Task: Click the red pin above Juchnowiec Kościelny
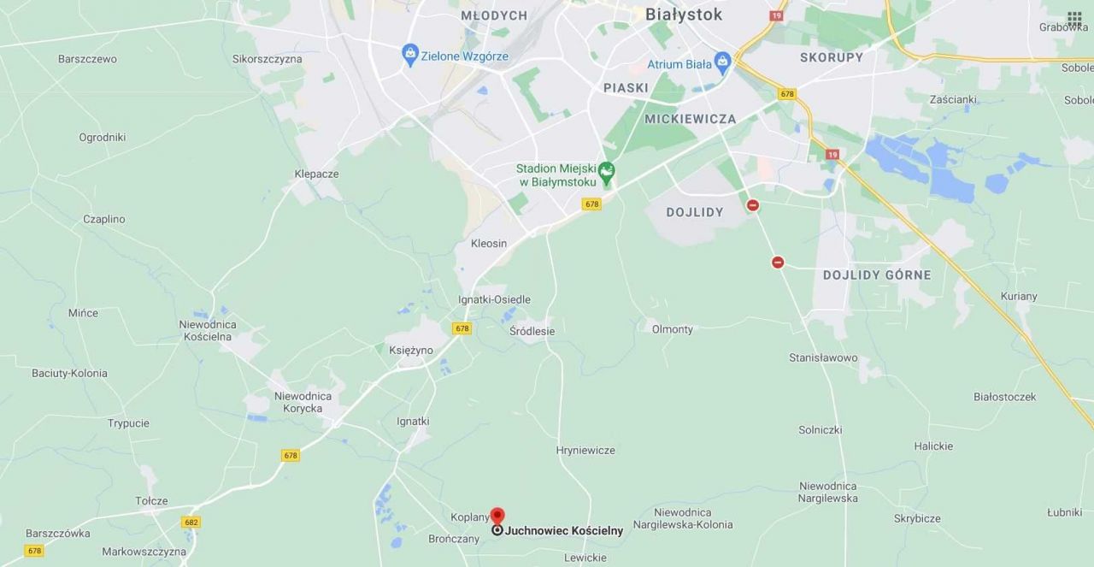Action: click(x=497, y=516)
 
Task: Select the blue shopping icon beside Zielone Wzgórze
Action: click(x=410, y=55)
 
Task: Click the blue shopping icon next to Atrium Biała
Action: click(x=723, y=62)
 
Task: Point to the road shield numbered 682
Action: click(x=191, y=522)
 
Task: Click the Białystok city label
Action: click(x=684, y=15)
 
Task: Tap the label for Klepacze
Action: click(x=316, y=174)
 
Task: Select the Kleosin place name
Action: click(x=489, y=244)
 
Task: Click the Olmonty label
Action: click(x=673, y=329)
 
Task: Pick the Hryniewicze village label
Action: click(x=585, y=451)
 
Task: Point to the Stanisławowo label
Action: click(x=823, y=358)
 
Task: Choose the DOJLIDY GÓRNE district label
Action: click(x=877, y=275)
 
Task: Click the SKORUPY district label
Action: click(x=832, y=57)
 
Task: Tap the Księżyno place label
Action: click(x=411, y=351)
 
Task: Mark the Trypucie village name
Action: click(x=128, y=423)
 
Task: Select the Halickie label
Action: click(x=933, y=446)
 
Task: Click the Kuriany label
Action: click(x=1018, y=297)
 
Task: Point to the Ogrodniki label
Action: click(x=103, y=137)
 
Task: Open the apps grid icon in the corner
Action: click(x=1074, y=18)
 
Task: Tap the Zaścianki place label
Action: click(x=953, y=99)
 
